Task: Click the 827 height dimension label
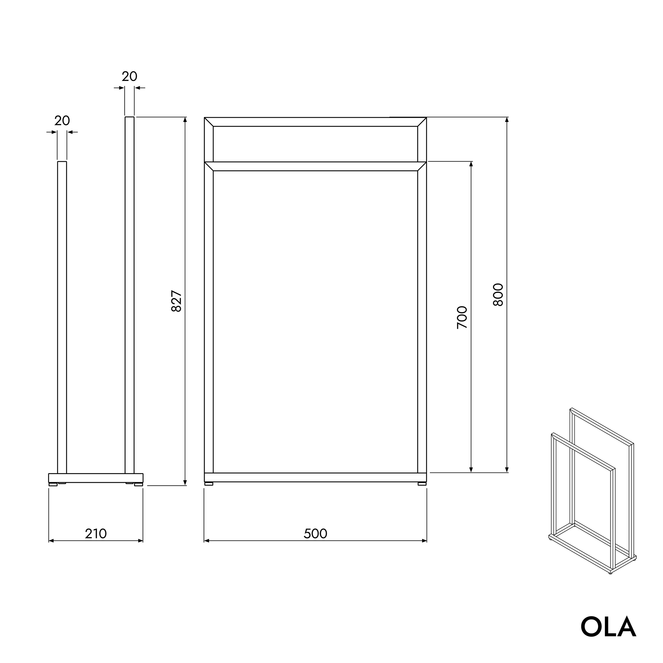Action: point(176,301)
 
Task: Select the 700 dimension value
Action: point(462,317)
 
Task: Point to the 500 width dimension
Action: point(315,534)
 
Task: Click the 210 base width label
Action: point(96,534)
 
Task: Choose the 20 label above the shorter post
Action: point(62,121)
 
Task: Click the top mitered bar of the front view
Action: point(315,122)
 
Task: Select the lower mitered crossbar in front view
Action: point(315,166)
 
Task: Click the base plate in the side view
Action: point(96,478)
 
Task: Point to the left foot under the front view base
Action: point(209,484)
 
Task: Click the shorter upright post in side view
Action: point(62,316)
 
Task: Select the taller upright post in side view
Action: point(129,295)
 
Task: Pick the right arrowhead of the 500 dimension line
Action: point(425,541)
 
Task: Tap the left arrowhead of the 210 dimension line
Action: point(51,541)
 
